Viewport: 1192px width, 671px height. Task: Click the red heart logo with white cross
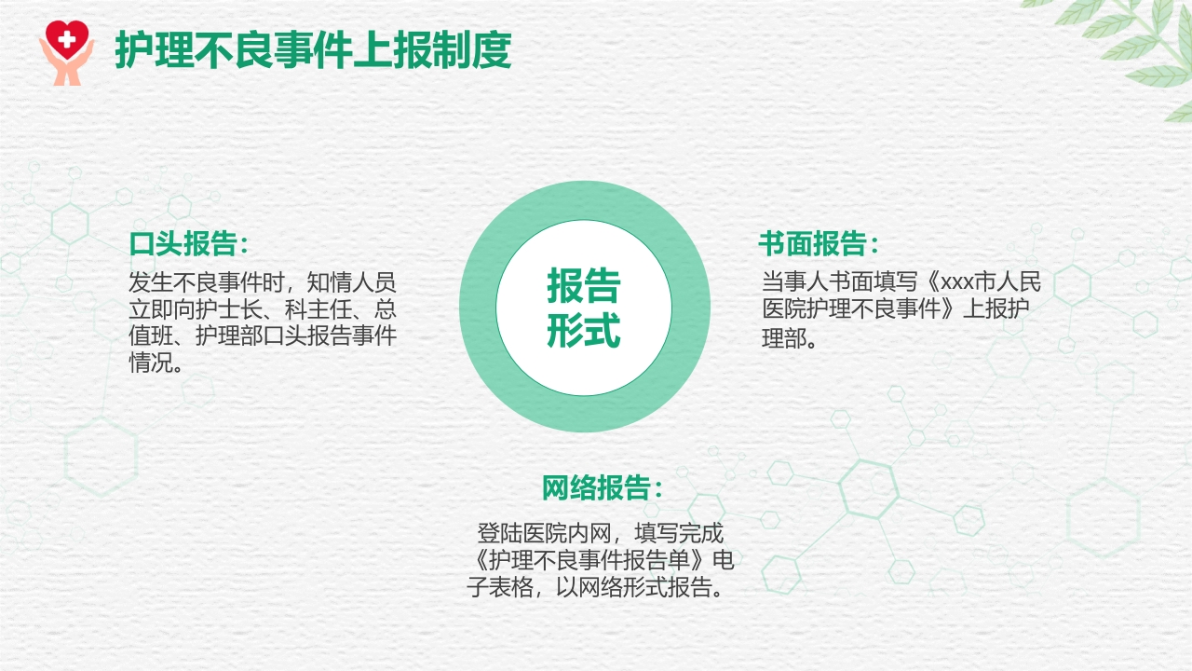[x=65, y=39]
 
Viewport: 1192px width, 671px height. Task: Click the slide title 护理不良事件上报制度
[x=313, y=50]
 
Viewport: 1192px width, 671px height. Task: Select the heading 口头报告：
[x=190, y=245]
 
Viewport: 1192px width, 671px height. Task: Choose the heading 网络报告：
[x=603, y=487]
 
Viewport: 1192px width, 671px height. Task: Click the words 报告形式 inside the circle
[x=584, y=308]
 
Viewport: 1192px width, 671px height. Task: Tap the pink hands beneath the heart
[x=65, y=70]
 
